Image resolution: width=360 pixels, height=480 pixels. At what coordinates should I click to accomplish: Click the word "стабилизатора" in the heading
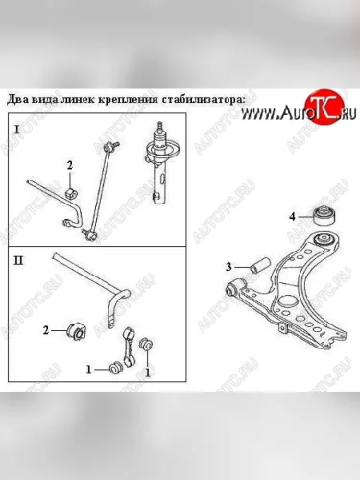click(204, 99)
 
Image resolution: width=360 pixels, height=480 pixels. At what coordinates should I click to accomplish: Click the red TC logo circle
click(324, 108)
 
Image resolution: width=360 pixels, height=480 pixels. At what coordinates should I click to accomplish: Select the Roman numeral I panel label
click(17, 130)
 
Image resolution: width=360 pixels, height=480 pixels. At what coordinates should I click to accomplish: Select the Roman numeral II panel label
click(18, 261)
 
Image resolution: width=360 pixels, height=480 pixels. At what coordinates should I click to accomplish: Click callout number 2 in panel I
click(70, 165)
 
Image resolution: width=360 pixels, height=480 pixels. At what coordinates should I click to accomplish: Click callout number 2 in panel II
click(46, 330)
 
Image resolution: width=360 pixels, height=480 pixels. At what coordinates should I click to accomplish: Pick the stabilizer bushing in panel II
click(76, 331)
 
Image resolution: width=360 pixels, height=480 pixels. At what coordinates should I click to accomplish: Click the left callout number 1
click(89, 371)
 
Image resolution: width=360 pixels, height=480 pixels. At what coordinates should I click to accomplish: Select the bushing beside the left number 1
click(115, 368)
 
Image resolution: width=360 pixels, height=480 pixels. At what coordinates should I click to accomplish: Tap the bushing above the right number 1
click(146, 344)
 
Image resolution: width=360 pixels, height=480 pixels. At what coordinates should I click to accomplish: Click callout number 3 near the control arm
click(228, 266)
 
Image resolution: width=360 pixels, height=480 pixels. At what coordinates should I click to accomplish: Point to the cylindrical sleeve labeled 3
click(260, 265)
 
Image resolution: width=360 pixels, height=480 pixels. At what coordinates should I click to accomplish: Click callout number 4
click(292, 217)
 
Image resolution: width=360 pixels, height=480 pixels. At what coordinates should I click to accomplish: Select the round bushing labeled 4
click(324, 217)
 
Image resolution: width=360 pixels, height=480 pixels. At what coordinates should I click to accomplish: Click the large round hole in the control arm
click(287, 302)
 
